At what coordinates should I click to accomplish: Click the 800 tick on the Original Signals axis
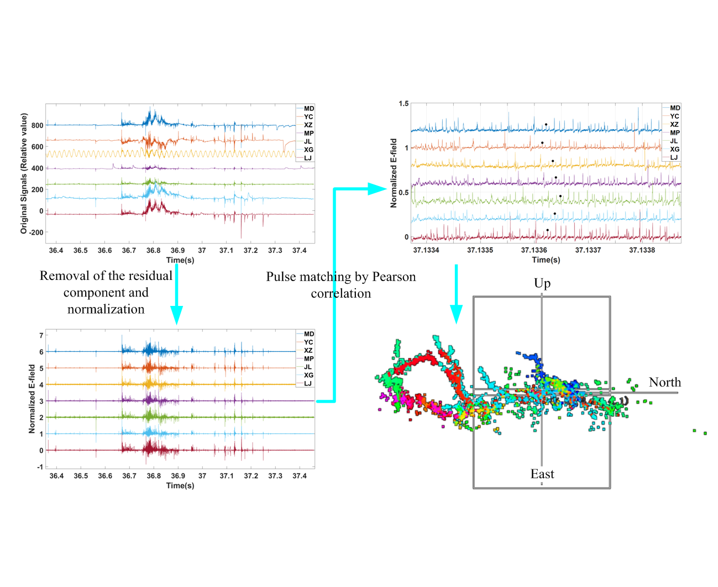point(37,125)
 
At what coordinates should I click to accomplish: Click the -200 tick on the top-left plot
point(35,232)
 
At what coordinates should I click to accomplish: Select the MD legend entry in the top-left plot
point(308,109)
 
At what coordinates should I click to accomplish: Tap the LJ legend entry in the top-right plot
point(674,157)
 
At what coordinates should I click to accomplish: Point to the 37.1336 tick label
point(534,250)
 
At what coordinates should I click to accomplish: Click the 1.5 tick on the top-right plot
point(403,104)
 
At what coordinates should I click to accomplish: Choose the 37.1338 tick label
point(642,250)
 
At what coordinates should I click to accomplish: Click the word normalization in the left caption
point(106,309)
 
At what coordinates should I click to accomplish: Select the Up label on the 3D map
point(542,283)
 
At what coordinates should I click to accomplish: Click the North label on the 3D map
point(664,382)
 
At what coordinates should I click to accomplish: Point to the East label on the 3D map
point(542,474)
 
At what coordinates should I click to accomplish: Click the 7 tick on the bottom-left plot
point(41,335)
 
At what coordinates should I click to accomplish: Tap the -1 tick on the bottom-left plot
point(40,467)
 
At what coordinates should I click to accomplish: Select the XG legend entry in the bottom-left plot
point(308,376)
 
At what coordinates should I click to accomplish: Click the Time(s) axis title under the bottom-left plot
point(180,485)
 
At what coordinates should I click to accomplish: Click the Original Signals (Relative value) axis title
point(24,173)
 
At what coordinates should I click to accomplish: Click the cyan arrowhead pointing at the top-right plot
point(378,189)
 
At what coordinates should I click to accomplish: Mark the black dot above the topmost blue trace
point(546,125)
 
